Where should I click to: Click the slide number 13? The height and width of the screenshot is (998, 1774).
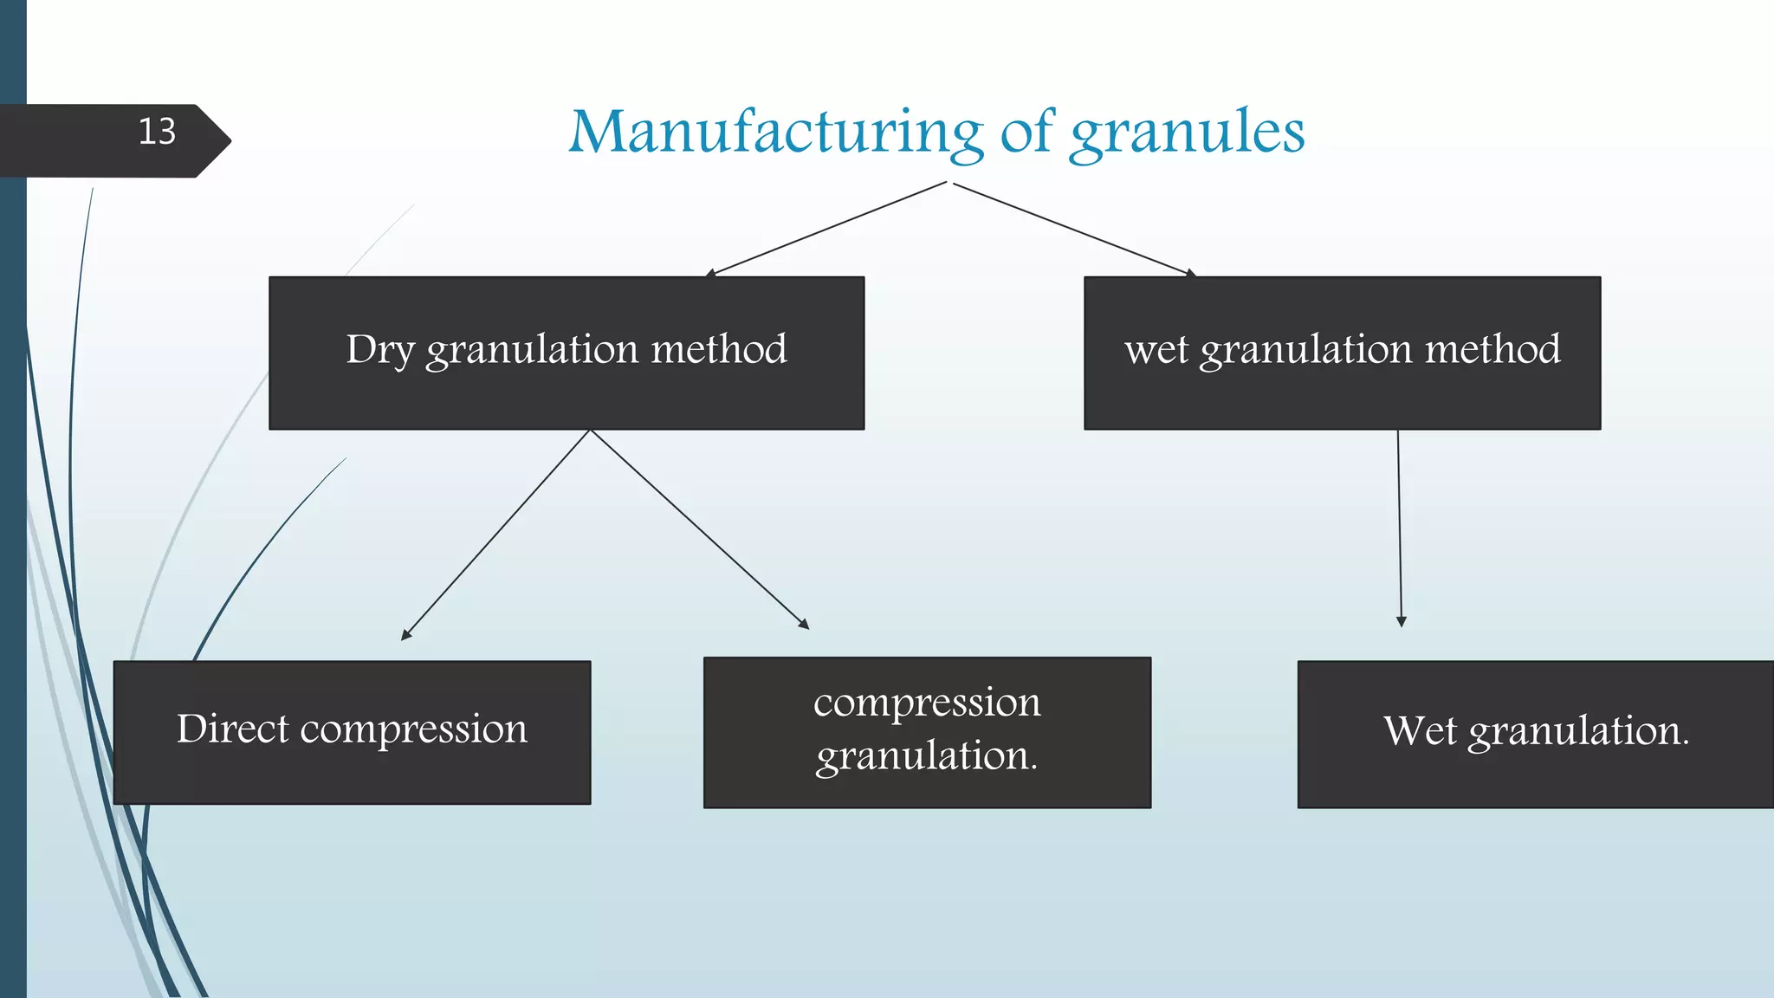(x=157, y=132)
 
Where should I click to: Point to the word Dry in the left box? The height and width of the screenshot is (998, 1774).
(x=379, y=350)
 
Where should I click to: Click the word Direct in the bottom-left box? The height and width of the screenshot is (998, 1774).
(x=231, y=729)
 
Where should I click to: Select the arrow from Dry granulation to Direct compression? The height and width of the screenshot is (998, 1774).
(x=495, y=535)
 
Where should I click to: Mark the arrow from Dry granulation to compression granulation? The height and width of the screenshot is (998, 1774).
(x=700, y=529)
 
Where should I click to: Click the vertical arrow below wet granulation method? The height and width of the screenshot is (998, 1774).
(x=1400, y=528)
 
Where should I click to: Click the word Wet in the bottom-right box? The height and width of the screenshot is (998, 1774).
(x=1419, y=730)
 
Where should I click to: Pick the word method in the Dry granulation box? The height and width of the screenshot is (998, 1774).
(x=719, y=350)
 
